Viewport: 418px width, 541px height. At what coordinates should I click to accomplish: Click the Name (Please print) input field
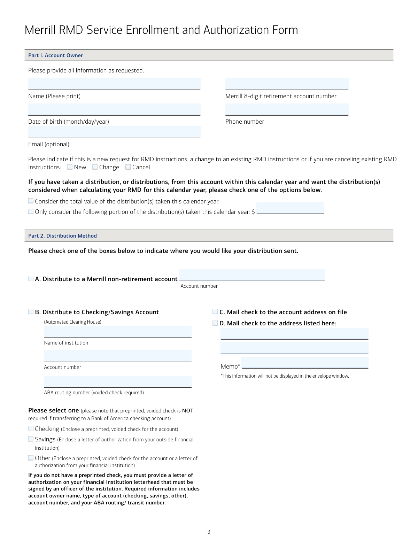coord(114,84)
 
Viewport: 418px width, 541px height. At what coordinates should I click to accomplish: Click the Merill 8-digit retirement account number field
coord(287,84)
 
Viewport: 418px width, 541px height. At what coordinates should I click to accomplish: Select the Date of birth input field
coord(114,109)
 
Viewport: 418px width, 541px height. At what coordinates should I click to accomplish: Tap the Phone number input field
coord(287,109)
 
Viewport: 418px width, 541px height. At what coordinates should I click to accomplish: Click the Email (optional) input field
coord(114,132)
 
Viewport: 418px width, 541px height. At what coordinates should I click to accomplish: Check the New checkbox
coord(70,167)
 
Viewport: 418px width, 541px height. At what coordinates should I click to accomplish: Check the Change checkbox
coord(95,167)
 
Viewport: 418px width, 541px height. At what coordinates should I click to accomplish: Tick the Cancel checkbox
coord(128,167)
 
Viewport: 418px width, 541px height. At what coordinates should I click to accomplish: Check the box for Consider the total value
coord(31,201)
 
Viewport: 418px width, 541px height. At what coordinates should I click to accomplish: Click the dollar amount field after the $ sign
coord(290,208)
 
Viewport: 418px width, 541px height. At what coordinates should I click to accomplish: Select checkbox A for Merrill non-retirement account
coord(31,279)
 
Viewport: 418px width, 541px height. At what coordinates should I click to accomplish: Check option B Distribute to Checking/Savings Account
coord(31,312)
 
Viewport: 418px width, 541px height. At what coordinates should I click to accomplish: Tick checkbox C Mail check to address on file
coord(215,312)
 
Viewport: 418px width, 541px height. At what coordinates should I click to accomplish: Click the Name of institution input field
coord(118,332)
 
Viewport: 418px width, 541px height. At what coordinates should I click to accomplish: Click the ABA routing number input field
coord(118,381)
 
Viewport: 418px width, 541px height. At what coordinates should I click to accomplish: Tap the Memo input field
coord(305,363)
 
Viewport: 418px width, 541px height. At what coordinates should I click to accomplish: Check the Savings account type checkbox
coord(31,439)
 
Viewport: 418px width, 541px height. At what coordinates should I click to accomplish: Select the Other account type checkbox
coord(31,458)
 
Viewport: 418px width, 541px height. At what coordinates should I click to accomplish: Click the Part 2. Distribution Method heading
coord(63,236)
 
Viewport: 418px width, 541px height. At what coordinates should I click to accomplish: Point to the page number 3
coord(209,532)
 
